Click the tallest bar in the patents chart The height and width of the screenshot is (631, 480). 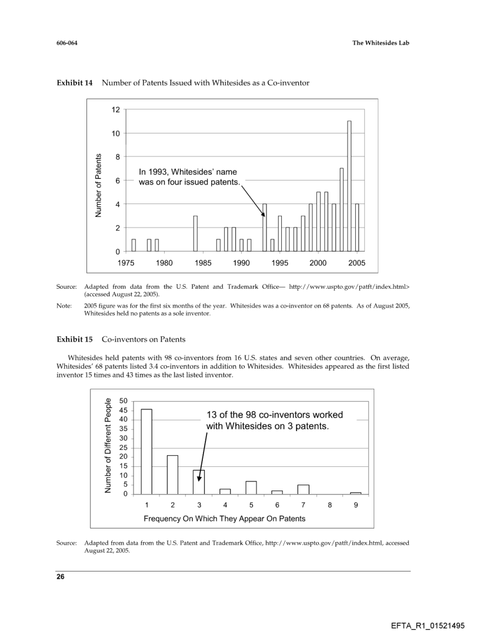349,186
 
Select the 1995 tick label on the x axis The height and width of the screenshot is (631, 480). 280,263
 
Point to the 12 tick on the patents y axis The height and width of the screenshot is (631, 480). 115,110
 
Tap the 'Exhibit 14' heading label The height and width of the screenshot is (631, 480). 75,83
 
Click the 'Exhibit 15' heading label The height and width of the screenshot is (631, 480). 75,340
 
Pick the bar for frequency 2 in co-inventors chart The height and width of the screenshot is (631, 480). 172,475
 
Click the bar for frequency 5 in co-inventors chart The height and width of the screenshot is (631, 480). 251,488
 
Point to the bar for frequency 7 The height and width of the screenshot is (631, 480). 304,489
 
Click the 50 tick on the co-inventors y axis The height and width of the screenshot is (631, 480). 124,400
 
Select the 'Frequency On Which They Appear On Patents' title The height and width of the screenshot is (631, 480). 224,519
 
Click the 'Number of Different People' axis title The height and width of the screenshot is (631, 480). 108,445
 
